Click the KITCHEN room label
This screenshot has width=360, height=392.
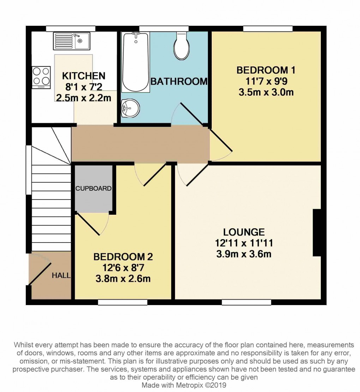pos(84,76)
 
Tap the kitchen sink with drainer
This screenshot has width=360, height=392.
pos(72,41)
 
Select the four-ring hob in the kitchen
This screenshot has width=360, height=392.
pos(41,77)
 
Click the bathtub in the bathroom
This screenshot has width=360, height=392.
pos(135,61)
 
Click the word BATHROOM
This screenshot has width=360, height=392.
pos(179,82)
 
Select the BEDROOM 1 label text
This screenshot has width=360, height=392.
pos(266,70)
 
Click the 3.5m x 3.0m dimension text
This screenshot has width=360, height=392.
pos(266,93)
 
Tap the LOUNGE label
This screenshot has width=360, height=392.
pos(244,232)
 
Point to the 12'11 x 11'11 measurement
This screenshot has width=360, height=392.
pos(244,243)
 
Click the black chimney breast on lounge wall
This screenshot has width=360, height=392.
pos(317,232)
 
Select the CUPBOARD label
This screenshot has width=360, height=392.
pos(94,189)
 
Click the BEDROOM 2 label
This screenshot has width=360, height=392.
pos(123,257)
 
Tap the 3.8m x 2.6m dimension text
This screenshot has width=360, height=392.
pos(123,279)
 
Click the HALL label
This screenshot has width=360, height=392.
pos(61,275)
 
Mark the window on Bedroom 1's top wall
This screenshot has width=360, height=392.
pos(268,29)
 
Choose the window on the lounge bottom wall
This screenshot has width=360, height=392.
pos(246,302)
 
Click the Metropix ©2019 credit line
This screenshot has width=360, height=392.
pos(184,385)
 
